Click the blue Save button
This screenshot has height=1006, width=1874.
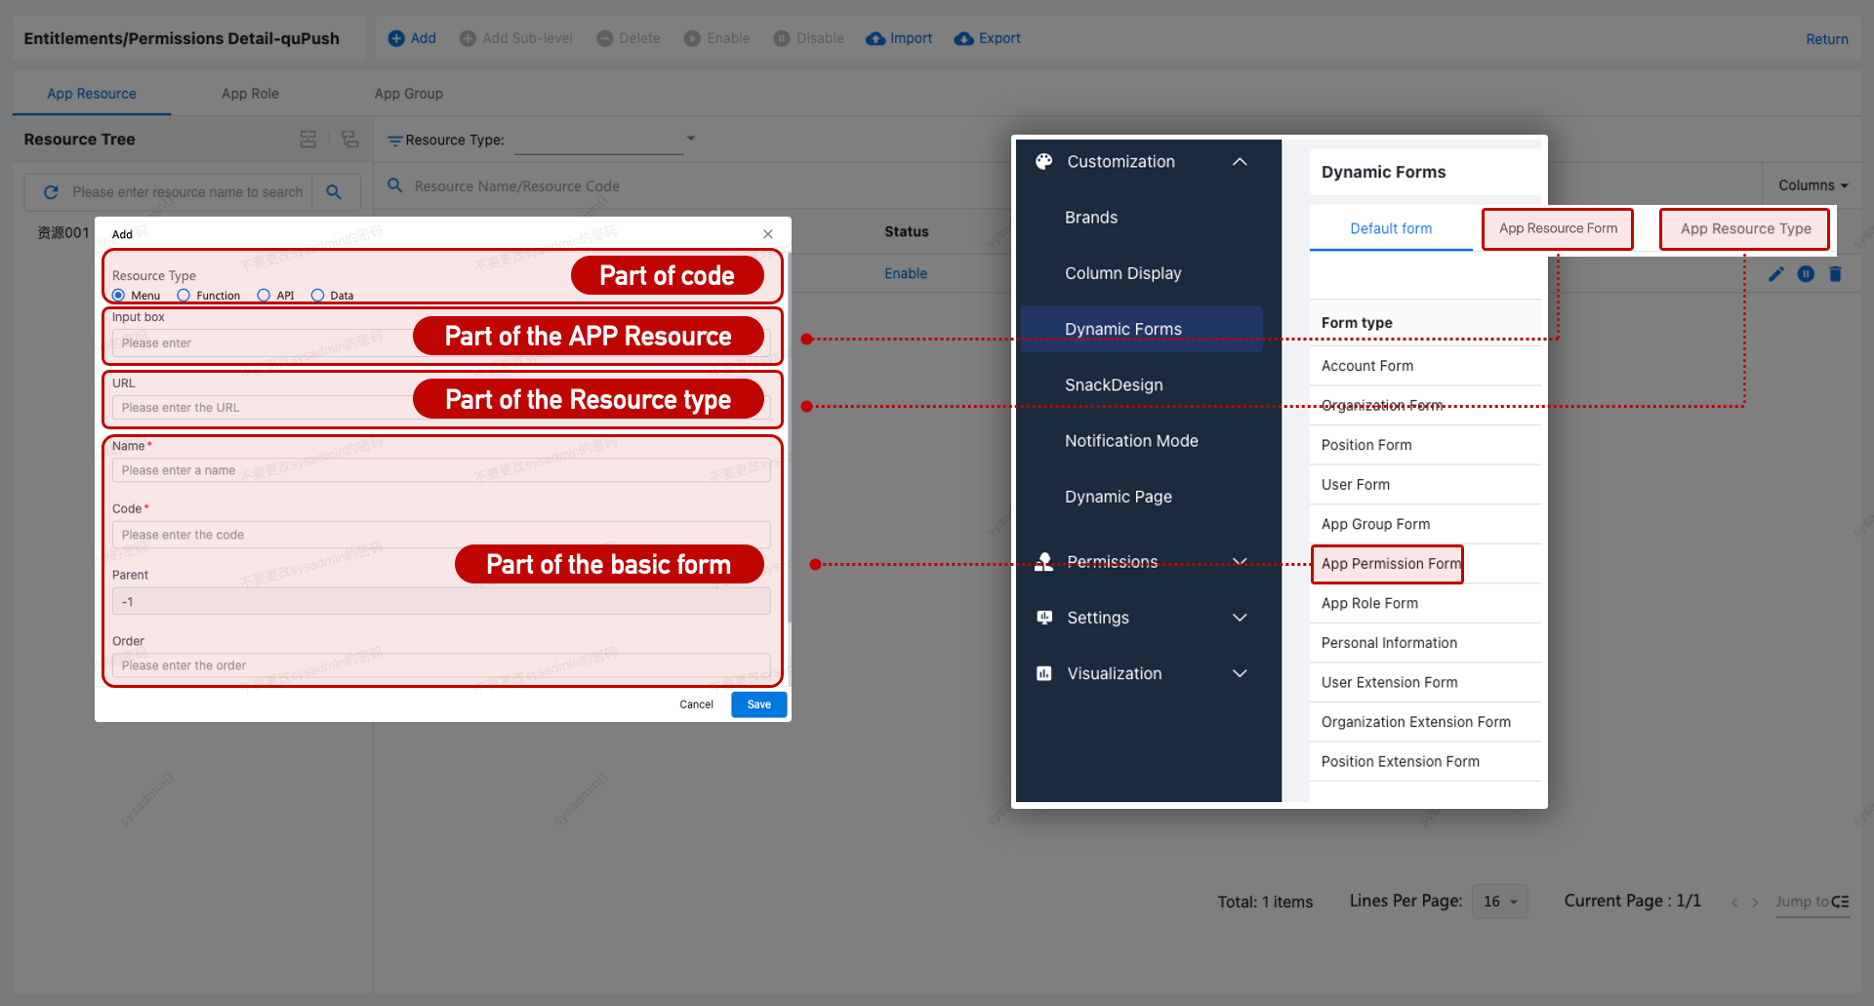(x=758, y=704)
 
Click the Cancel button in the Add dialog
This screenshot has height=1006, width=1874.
(x=696, y=704)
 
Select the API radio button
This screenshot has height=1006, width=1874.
(x=264, y=296)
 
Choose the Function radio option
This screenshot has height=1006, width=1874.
(x=183, y=296)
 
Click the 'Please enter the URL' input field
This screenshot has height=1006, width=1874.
(x=264, y=408)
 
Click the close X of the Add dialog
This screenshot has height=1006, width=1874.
(x=768, y=234)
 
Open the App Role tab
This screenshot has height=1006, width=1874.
(x=250, y=94)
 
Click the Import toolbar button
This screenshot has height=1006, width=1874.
(x=899, y=38)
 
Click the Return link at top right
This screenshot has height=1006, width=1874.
(x=1826, y=39)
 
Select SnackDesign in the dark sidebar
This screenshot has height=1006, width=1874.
(x=1114, y=385)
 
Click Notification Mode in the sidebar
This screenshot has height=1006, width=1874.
(x=1131, y=441)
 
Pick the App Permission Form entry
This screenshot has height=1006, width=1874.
(x=1389, y=564)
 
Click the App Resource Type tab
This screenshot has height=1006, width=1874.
(x=1745, y=229)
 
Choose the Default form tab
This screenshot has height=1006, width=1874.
(x=1391, y=229)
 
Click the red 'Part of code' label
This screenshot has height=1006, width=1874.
(x=667, y=276)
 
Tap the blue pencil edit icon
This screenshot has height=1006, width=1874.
(x=1775, y=274)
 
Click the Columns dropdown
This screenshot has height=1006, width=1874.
(x=1813, y=185)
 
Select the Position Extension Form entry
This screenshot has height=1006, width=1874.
(x=1400, y=762)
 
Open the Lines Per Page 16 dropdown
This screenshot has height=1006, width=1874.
(x=1500, y=902)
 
